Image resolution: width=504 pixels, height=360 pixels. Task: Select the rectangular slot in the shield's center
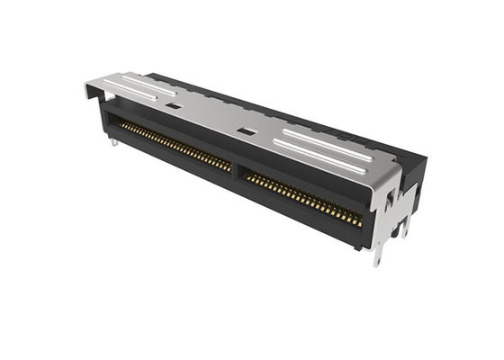coord(241,131)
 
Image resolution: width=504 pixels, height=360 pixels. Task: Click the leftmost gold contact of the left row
coord(122,125)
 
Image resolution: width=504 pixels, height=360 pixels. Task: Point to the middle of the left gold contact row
coord(176,148)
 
